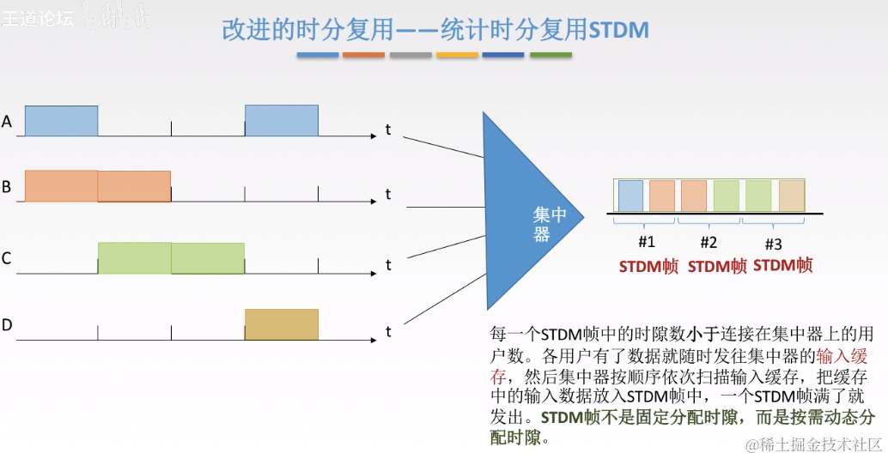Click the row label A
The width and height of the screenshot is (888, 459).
tap(7, 122)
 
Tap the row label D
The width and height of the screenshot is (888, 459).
tap(7, 324)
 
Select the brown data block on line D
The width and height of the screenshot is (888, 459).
tap(282, 324)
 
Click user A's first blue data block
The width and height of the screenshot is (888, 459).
tap(61, 121)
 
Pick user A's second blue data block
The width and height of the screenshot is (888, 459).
tap(282, 121)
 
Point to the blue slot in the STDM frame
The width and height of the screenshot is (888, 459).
tap(630, 195)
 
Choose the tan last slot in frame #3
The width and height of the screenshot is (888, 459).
tap(791, 195)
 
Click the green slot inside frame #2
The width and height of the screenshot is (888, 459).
tap(726, 195)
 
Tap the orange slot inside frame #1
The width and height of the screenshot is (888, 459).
tap(662, 195)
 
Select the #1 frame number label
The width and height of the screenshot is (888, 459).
tap(647, 242)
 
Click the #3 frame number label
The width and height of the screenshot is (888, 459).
tap(773, 244)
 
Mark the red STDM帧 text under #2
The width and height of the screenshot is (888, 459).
tap(717, 267)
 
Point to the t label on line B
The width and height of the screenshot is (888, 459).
tap(388, 195)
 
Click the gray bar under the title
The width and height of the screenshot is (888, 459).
tap(411, 55)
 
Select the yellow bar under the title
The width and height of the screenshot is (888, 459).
tap(457, 55)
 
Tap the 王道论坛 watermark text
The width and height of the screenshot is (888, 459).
tap(38, 17)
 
